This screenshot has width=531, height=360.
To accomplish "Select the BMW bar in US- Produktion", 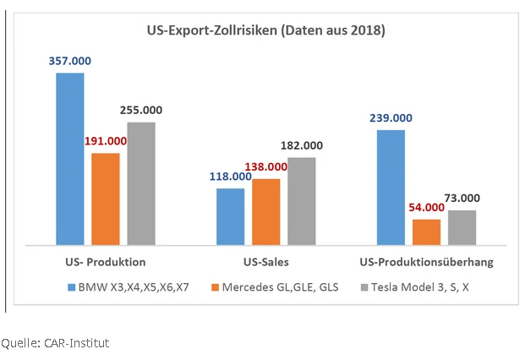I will tap(70, 159).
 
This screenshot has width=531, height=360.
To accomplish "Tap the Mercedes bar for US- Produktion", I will tap(106, 199).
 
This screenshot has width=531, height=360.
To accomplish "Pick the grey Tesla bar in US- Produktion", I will tap(141, 183).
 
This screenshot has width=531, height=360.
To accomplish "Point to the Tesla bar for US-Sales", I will tap(301, 201).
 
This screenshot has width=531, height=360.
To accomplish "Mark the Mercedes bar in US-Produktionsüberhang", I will tap(426, 232).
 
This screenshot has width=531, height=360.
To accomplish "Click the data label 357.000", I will tap(69, 61).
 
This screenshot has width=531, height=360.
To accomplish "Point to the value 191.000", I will tap(106, 141).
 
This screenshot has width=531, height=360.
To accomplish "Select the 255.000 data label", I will tap(141, 110).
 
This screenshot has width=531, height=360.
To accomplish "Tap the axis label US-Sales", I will tap(265, 262).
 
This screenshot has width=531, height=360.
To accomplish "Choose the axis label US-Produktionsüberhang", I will tap(426, 262).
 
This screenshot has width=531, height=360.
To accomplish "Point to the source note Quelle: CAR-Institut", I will tap(56, 342).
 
